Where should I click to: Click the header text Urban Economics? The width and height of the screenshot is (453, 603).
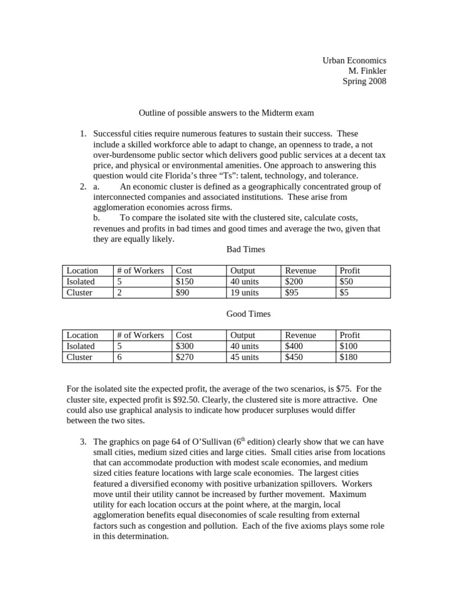coord(354,60)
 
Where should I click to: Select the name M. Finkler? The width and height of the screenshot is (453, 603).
coord(367,71)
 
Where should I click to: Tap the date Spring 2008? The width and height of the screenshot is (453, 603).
coord(365,81)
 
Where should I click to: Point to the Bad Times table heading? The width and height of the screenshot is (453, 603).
coord(245,249)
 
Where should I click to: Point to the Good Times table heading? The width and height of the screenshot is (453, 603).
coord(248,314)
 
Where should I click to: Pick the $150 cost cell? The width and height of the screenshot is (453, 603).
coord(185,281)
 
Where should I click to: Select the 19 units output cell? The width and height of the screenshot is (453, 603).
coord(244,292)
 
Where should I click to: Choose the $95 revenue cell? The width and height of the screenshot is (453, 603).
coord(291,292)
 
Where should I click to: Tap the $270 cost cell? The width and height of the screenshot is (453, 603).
coord(185,357)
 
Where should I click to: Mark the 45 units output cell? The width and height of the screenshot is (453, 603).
coord(244,357)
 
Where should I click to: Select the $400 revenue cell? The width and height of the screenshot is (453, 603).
coord(294,346)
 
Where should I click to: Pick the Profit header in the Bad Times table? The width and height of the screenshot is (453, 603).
coord(350,270)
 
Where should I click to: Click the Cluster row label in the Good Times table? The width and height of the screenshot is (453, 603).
coord(80,357)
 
